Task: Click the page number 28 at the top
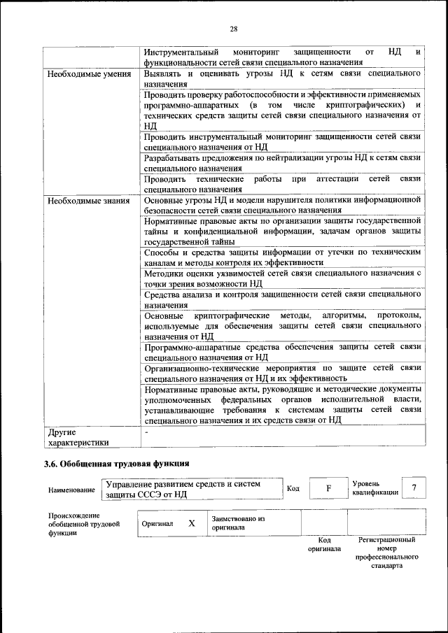(234, 29)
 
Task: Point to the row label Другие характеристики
(78, 436)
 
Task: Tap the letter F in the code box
(327, 488)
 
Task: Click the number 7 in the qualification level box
(414, 488)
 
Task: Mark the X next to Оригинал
(191, 523)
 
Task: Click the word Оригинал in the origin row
(157, 523)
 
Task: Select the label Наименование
(71, 490)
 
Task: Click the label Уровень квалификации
(375, 488)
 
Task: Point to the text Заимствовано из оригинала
(238, 523)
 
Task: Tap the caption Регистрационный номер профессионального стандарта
(386, 553)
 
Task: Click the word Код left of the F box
(293, 488)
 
